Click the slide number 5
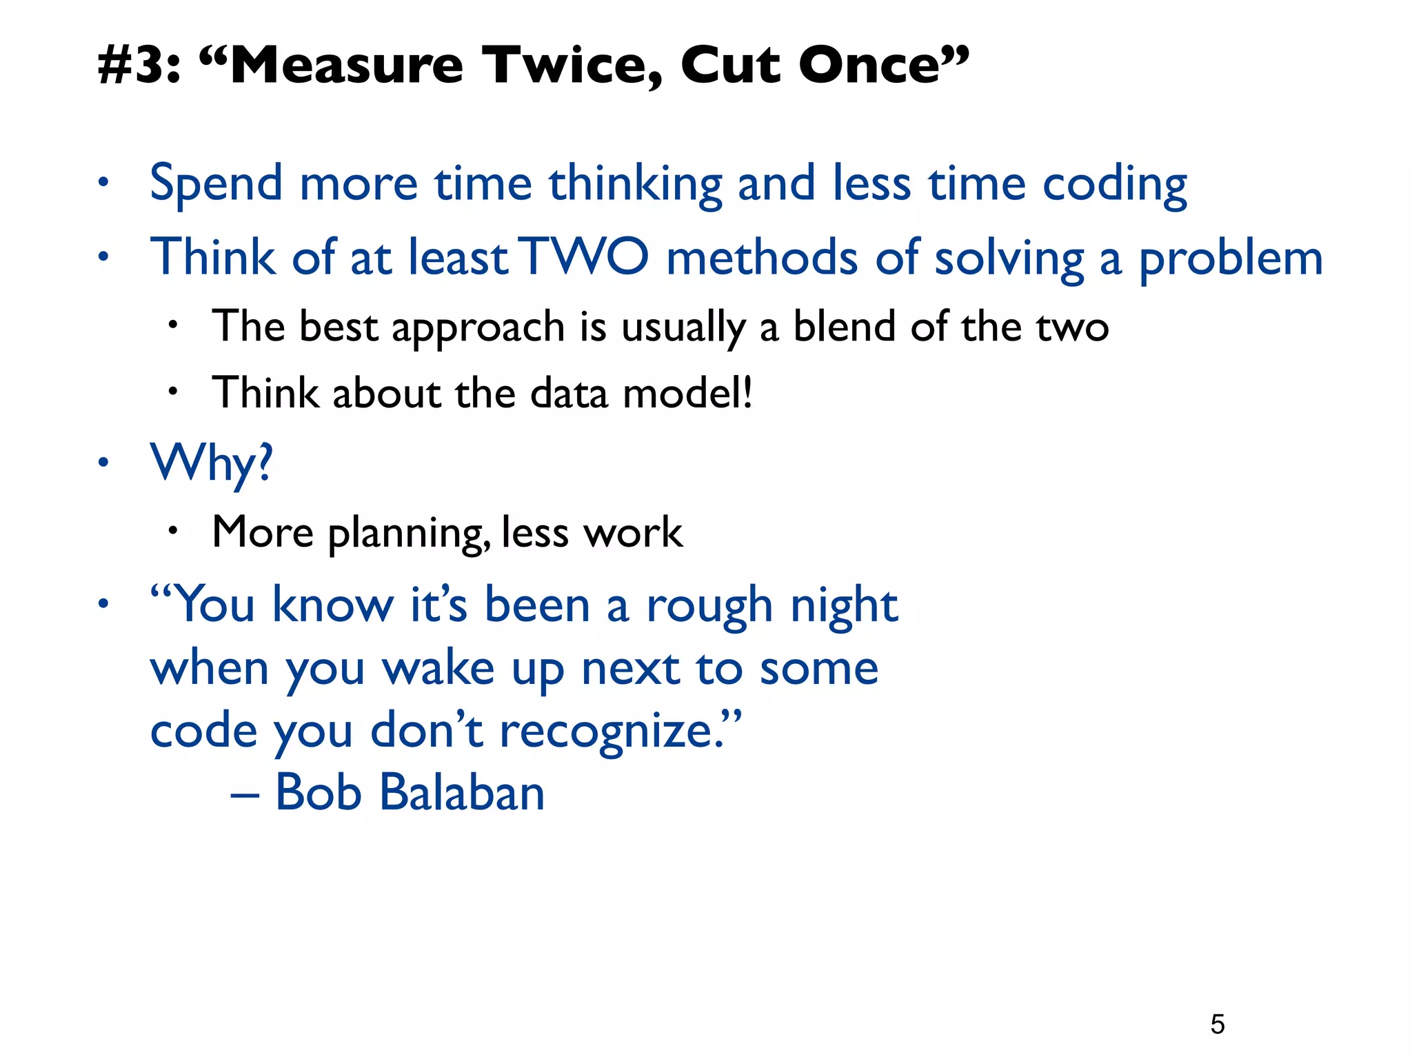coord(1218,1024)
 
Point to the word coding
coord(1114,185)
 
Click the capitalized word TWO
coord(584,256)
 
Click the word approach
coord(478,328)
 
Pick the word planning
coord(409,534)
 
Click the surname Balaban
coord(461,792)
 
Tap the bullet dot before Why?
coord(103,462)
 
